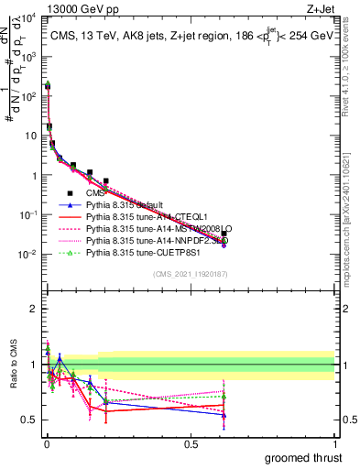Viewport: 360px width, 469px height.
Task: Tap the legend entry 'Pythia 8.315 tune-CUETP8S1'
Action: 138,253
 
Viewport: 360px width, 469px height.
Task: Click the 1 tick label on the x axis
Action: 334,443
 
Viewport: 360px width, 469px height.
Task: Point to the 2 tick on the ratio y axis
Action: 35,309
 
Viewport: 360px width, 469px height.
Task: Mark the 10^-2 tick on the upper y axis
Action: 29,254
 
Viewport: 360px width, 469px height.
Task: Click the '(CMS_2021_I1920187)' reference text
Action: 190,274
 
